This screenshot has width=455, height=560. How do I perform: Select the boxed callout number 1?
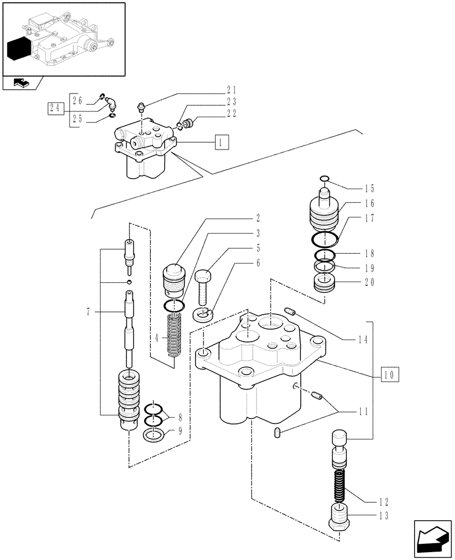click(x=221, y=142)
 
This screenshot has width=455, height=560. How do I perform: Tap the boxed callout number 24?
click(x=54, y=109)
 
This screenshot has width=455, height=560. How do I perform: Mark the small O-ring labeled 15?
click(x=324, y=179)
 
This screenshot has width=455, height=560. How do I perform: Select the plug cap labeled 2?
click(x=174, y=278)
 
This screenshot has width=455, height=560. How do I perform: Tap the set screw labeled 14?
click(x=290, y=312)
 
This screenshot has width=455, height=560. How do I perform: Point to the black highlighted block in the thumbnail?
click(x=18, y=49)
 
